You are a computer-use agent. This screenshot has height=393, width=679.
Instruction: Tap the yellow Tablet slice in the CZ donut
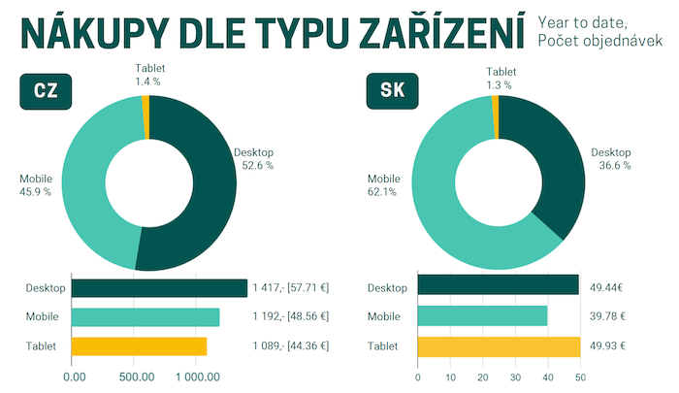[x=145, y=104]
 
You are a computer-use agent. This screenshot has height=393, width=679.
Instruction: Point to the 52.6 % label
[x=257, y=166]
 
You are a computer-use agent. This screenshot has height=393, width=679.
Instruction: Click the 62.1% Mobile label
[x=383, y=191]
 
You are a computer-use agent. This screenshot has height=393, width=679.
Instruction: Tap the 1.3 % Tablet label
[x=501, y=84]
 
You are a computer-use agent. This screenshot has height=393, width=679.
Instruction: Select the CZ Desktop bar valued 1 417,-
[x=159, y=288]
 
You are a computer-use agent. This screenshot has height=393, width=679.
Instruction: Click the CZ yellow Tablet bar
[x=139, y=346]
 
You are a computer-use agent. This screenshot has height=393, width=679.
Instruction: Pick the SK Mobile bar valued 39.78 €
[x=482, y=316]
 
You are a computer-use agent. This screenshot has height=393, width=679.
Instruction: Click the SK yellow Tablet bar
[x=499, y=346]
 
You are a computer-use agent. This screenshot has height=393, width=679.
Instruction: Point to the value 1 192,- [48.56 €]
[x=290, y=316]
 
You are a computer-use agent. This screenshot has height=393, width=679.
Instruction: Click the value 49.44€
[x=607, y=288]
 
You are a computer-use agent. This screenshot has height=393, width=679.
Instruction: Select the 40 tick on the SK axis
[x=547, y=377]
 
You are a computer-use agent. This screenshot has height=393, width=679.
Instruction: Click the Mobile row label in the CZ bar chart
[x=43, y=316]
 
